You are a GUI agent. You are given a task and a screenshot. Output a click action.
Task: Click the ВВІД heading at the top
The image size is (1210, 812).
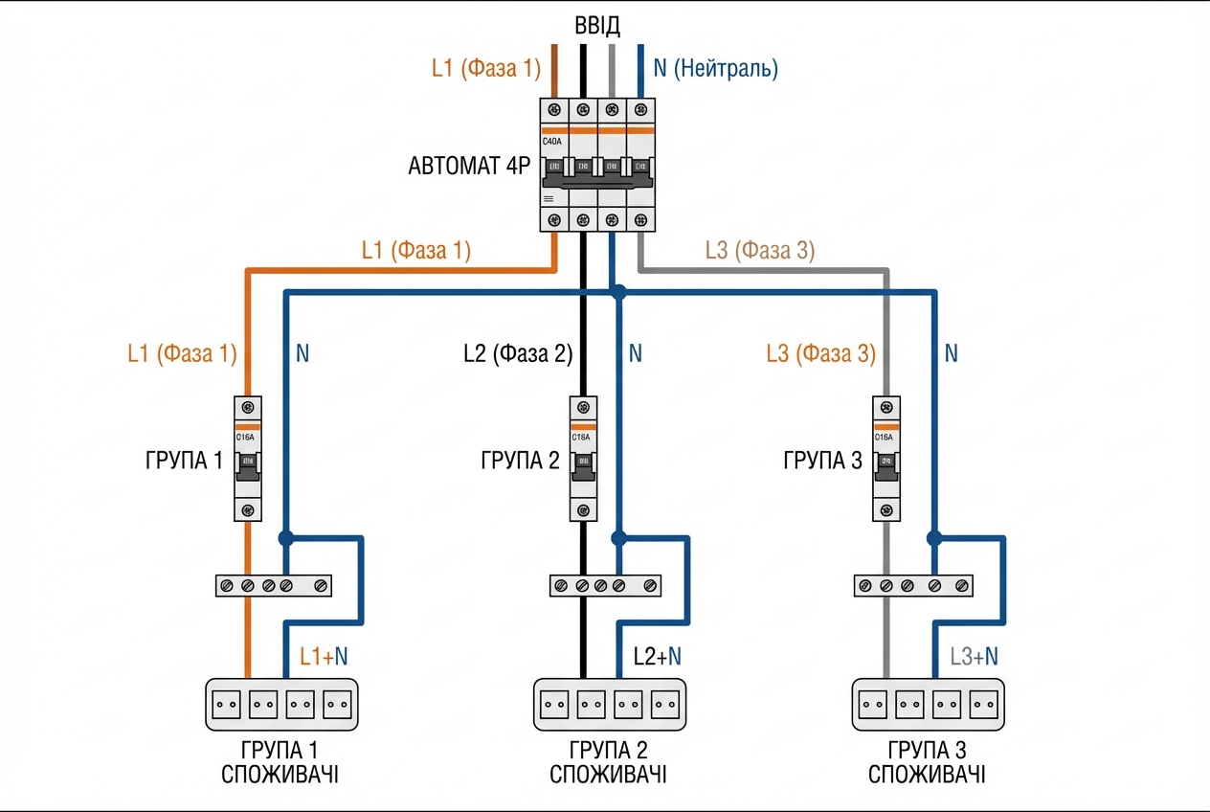(596, 25)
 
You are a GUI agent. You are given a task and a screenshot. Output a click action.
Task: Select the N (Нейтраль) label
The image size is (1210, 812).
(715, 69)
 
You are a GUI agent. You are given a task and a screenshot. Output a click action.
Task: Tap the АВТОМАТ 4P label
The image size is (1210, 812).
(469, 166)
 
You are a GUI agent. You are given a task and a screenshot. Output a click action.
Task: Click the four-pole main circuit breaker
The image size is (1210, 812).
(597, 165)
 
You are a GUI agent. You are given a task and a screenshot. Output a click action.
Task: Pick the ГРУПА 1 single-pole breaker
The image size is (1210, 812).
(248, 458)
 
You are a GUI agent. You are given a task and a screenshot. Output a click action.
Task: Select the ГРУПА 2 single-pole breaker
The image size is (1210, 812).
(582, 458)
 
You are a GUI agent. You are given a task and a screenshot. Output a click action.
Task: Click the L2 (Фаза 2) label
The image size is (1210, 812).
(517, 354)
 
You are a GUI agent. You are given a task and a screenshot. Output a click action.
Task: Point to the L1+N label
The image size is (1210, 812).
(324, 657)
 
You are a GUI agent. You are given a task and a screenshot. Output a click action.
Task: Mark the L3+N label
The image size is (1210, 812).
(974, 657)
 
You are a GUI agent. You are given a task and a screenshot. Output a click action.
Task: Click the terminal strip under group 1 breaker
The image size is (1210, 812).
(273, 584)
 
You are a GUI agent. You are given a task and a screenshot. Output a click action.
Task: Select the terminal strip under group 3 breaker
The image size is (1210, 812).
(912, 584)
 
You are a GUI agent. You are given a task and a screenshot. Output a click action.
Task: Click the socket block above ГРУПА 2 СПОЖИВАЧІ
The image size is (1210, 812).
(610, 704)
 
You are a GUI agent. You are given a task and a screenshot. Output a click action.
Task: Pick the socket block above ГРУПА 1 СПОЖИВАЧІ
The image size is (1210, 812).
(281, 704)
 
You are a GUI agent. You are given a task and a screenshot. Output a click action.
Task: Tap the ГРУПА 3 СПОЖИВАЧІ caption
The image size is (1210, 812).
(927, 761)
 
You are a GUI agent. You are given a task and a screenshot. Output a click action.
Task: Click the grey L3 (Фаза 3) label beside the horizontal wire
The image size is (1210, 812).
(759, 251)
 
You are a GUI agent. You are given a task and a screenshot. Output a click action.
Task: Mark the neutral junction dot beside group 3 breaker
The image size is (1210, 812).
(935, 537)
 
